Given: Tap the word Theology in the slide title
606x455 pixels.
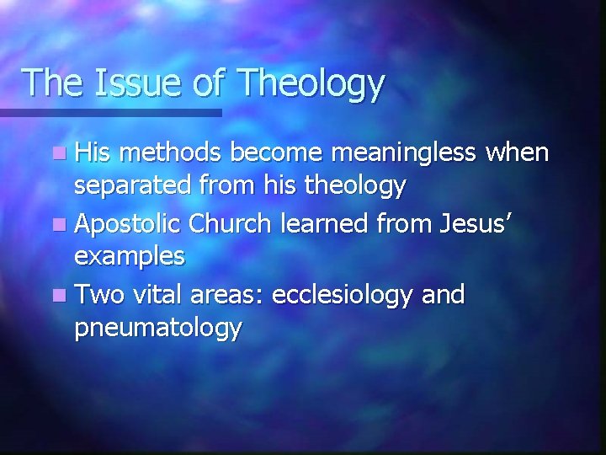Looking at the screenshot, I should [x=311, y=84].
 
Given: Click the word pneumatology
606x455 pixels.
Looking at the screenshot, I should [x=157, y=328].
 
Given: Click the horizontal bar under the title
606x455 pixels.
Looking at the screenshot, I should [x=109, y=112].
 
